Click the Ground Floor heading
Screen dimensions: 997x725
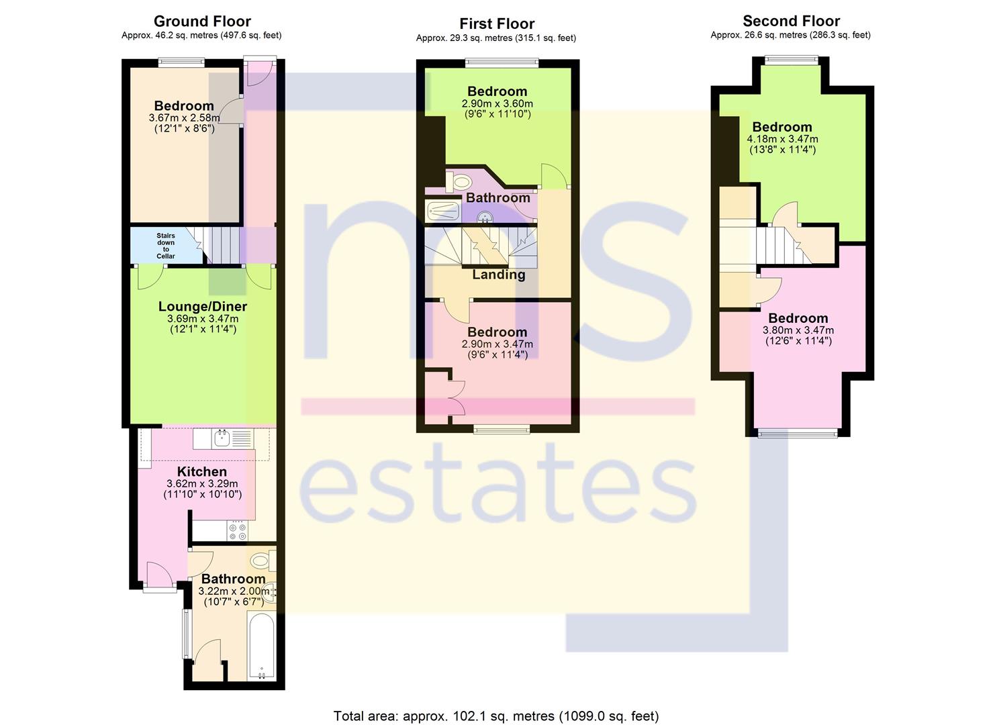click(x=202, y=21)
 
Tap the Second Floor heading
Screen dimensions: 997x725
click(x=791, y=21)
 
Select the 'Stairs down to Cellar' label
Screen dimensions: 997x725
click(x=166, y=246)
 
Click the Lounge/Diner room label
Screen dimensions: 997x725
click(x=203, y=306)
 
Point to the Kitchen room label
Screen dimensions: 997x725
click(x=202, y=471)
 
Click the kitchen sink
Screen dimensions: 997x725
click(x=222, y=438)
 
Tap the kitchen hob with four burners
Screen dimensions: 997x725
click(x=237, y=530)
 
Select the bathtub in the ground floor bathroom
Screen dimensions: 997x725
click(x=261, y=647)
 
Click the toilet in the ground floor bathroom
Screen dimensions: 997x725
click(x=263, y=561)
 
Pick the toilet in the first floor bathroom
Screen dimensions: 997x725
click(x=459, y=181)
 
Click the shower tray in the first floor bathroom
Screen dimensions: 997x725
click(x=442, y=211)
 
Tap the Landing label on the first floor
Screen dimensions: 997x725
click(x=498, y=275)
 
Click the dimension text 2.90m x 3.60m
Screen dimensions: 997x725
click(x=497, y=103)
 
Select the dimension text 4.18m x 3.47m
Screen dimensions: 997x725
click(x=782, y=139)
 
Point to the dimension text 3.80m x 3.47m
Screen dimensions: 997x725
click(x=798, y=330)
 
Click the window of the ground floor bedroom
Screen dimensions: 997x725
click(x=181, y=62)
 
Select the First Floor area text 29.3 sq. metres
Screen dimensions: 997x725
click(x=465, y=38)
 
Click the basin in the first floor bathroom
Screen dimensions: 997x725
click(x=485, y=217)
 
